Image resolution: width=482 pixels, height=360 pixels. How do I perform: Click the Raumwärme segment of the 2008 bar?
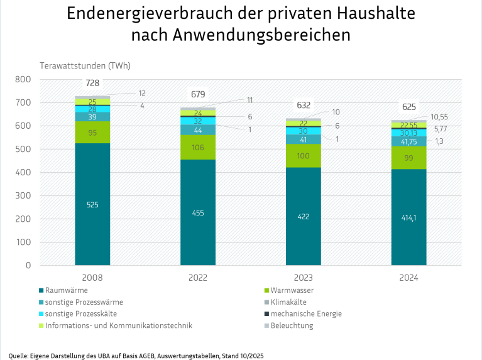(92, 205)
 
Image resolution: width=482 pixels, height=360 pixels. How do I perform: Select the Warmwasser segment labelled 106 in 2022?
(198, 147)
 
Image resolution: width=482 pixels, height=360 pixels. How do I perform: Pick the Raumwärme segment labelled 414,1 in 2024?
(408, 217)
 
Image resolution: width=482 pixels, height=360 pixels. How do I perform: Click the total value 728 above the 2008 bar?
(92, 84)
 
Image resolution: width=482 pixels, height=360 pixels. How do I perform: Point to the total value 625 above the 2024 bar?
(408, 107)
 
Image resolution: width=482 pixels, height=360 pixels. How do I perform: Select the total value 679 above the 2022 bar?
(198, 94)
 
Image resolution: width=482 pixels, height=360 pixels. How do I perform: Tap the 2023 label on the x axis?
(303, 277)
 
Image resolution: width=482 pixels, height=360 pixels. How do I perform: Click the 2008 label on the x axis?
(92, 277)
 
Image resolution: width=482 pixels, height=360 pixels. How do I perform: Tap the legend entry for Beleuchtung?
(292, 325)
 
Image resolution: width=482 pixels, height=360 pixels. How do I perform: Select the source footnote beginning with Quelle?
(136, 355)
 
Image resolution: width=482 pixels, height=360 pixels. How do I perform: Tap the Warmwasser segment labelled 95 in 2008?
(92, 133)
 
